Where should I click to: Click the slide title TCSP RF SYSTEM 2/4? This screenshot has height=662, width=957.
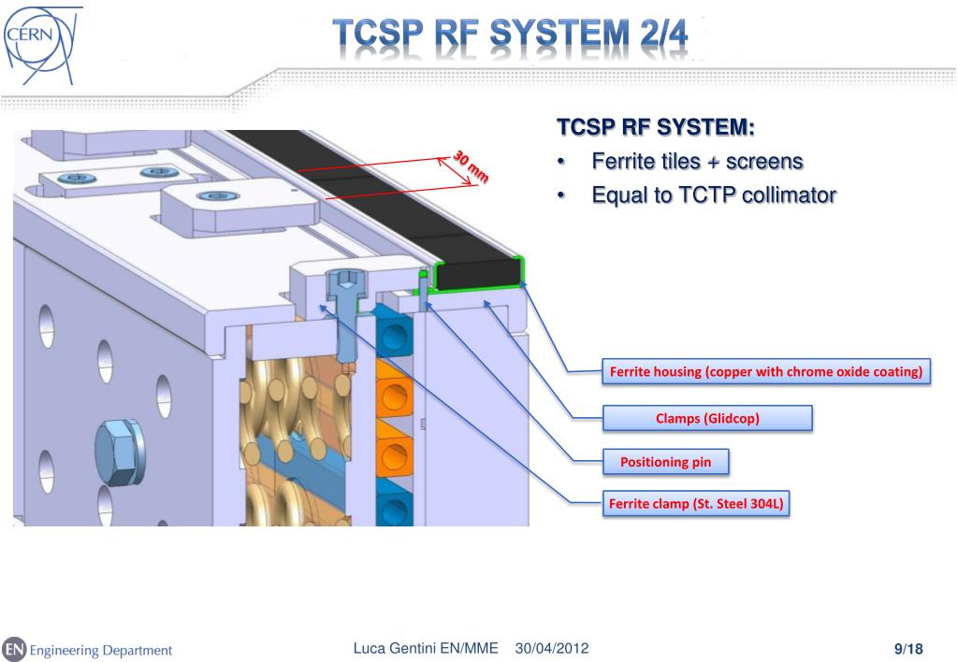[x=513, y=36]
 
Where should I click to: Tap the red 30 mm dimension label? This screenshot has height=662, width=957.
[x=471, y=165]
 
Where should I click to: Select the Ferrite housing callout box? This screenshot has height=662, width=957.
[x=765, y=372]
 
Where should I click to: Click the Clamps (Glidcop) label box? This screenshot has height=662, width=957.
[x=706, y=418]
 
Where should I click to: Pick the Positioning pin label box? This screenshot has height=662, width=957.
[x=665, y=462]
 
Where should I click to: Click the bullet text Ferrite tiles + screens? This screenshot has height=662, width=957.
[x=697, y=162]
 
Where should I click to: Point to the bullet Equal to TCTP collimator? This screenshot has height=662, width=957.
[x=714, y=195]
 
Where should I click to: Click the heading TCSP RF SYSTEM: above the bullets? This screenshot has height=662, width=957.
[x=655, y=126]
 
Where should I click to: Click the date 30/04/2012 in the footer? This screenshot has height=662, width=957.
[x=552, y=649]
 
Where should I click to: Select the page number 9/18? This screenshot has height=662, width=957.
[x=908, y=649]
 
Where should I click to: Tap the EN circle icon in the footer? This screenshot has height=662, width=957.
[x=14, y=649]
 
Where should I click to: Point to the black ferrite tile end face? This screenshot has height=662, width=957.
[x=478, y=273]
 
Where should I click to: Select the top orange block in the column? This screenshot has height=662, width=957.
[x=394, y=381]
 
